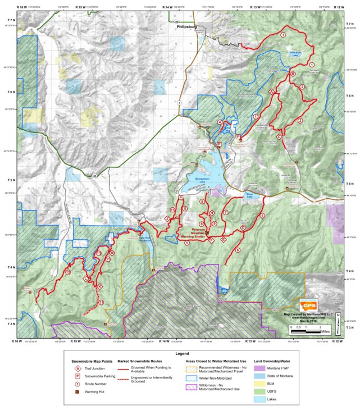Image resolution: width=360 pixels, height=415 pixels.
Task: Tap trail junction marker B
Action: [291, 74]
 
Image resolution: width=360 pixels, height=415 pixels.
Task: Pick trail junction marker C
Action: [279, 136]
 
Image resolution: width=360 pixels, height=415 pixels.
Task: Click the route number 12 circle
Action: [67, 272]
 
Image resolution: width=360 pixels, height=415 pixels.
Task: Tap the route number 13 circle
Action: [98, 254]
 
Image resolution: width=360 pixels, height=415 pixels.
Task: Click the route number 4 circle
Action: [219, 122]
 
